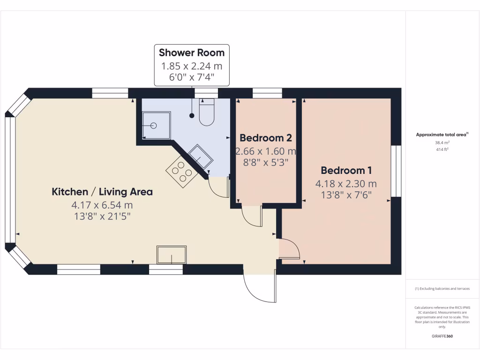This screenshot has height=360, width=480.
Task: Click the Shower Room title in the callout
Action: (192, 52)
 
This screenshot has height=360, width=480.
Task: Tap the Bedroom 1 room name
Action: (346, 170)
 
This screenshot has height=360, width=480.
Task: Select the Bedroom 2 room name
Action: (266, 138)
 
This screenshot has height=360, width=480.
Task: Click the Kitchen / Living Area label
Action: (102, 192)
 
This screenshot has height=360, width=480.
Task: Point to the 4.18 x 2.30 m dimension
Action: (346, 184)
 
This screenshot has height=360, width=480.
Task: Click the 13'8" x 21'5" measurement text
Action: (102, 216)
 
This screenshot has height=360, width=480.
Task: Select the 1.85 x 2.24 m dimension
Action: (192, 66)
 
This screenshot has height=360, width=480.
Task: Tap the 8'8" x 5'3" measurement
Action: (266, 163)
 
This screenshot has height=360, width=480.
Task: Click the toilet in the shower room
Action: (207, 112)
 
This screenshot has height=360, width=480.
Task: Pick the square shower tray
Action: (156, 125)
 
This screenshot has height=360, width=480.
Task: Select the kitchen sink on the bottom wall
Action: (171, 255)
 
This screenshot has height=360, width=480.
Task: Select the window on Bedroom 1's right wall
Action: (396, 171)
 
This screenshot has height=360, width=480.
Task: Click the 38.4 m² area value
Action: (442, 142)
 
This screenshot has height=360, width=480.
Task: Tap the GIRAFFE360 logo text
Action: (442, 336)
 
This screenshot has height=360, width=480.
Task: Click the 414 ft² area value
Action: (442, 149)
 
